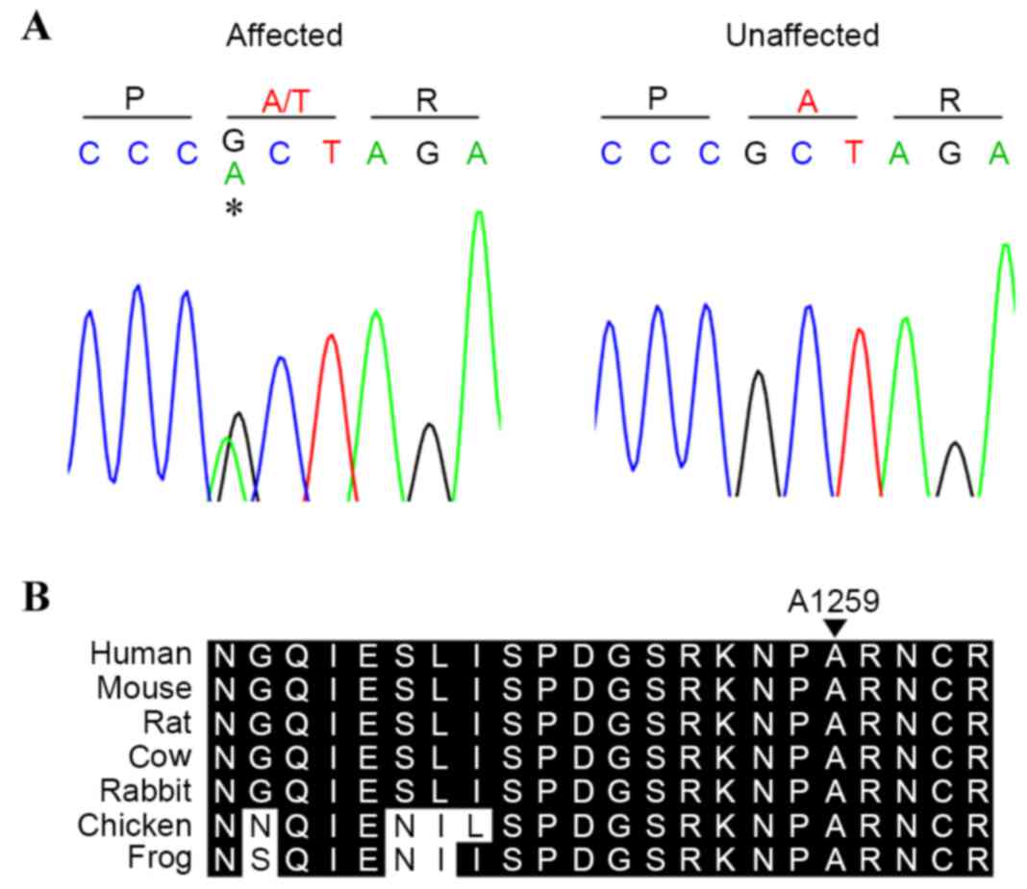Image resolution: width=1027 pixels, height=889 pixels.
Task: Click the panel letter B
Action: tap(36, 599)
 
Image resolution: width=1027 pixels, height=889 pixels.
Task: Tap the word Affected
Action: tap(284, 37)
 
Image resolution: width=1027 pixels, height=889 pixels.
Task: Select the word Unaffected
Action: tap(802, 37)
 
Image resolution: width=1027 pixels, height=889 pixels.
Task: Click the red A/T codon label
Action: tap(281, 100)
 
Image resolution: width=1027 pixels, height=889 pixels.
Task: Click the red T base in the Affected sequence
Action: tap(332, 153)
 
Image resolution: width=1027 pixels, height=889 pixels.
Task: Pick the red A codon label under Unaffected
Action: tap(807, 100)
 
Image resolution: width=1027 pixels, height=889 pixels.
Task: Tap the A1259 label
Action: tap(834, 602)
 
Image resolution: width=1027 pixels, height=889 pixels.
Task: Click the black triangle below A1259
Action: tap(835, 627)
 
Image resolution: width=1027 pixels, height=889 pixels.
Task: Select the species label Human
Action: tap(141, 654)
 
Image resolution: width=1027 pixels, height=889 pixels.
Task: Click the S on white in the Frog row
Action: tap(259, 859)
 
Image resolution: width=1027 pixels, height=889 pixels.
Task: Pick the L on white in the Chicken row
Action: tap(474, 825)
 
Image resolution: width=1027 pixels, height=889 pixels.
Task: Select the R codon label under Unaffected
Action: tap(949, 100)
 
